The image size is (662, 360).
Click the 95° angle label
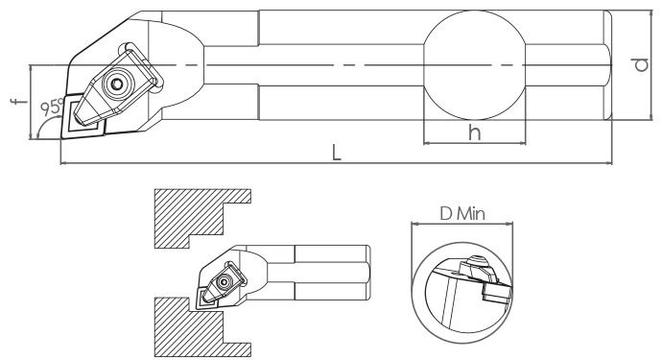pos(52,107)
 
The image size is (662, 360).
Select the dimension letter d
pos(641,64)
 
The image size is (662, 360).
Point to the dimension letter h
pos(475,132)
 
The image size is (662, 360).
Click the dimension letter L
pos(336,153)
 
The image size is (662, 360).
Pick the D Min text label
pos(462,214)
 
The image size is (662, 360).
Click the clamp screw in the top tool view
pos(116,84)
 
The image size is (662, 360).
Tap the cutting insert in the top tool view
pos(83,116)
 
